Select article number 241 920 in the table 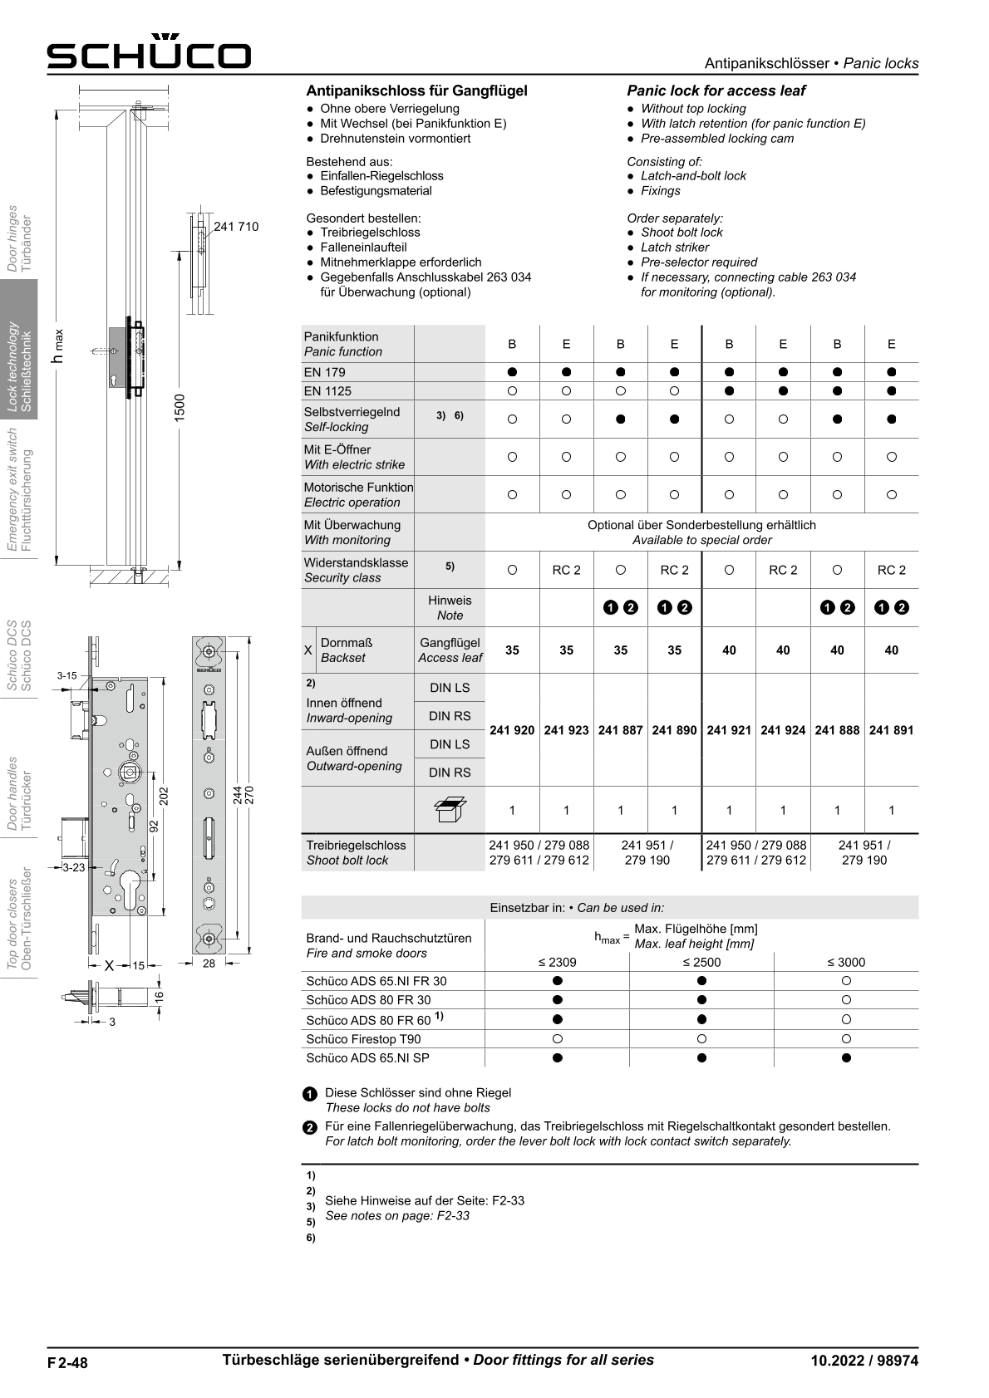512,730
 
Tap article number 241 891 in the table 891,730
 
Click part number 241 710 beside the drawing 236,227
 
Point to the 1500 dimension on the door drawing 180,408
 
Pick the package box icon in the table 450,810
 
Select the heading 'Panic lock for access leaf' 716,91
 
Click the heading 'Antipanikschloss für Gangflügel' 416,91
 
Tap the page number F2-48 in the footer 67,1362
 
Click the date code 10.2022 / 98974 864,1361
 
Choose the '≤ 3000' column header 845,962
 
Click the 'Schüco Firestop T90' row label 363,1039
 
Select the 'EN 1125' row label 327,391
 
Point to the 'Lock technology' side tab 19,349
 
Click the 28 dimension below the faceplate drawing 209,964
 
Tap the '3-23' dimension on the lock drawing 74,867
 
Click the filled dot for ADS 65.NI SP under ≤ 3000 846,1058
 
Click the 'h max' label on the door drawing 57,346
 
